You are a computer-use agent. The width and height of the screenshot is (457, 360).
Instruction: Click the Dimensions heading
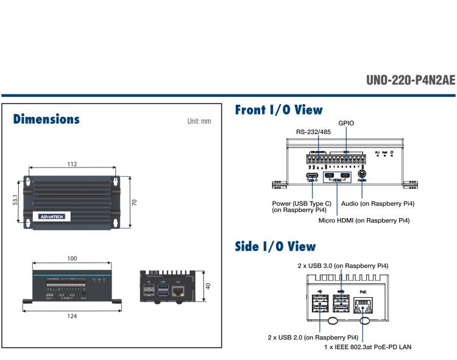pos(47,120)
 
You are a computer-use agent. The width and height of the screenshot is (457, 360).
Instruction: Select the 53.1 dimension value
pos(15,201)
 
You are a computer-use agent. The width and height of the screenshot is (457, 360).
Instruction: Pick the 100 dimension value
pos(72,259)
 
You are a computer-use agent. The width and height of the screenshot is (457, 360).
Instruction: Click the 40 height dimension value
pos(208,285)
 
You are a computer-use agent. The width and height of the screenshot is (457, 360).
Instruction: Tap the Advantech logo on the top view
pos(54,216)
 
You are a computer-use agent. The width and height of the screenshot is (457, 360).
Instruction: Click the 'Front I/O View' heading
pos(278,110)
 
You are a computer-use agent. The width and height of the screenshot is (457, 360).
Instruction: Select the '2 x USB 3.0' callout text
pos(343,266)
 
